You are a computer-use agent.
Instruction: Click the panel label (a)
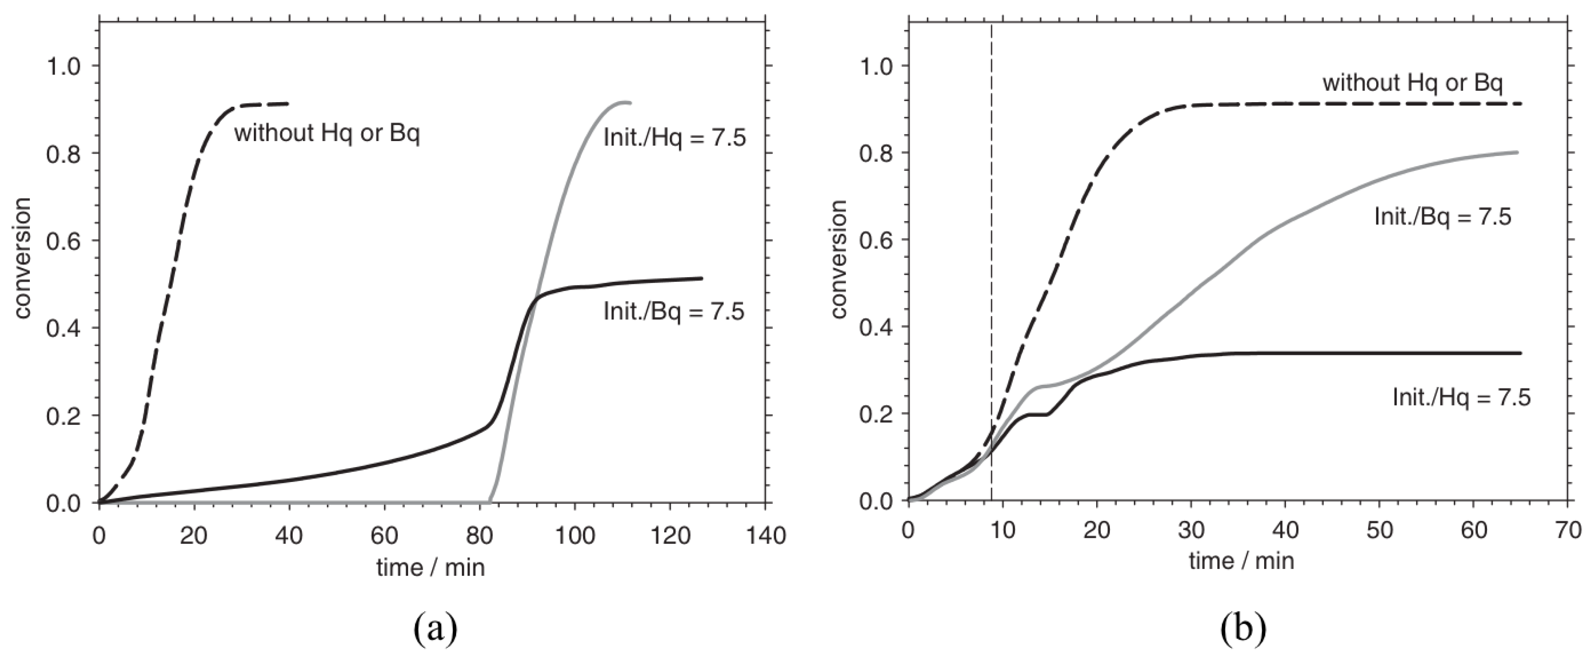pyautogui.click(x=436, y=628)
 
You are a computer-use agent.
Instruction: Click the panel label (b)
pyautogui.click(x=1243, y=628)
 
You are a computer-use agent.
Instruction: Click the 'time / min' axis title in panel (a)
pyautogui.click(x=431, y=567)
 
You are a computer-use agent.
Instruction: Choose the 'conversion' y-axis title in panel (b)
pyautogui.click(x=839, y=259)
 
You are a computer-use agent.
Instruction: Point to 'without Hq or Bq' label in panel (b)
pyautogui.click(x=1412, y=100)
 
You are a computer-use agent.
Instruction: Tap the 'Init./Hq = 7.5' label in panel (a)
pyautogui.click(x=674, y=137)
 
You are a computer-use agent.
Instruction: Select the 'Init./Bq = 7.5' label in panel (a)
pyautogui.click(x=674, y=312)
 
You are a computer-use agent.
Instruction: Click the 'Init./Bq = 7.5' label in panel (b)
pyautogui.click(x=1442, y=217)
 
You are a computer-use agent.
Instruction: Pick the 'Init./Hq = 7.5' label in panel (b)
pyautogui.click(x=1461, y=397)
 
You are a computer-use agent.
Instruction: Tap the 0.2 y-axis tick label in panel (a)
pyautogui.click(x=64, y=416)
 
